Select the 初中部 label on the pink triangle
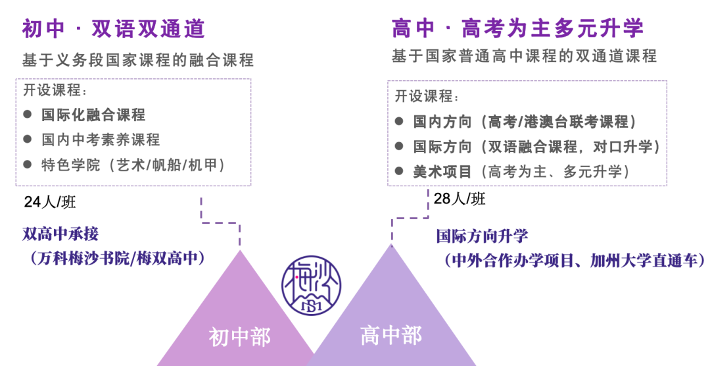click(x=240, y=337)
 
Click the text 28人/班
click(x=460, y=198)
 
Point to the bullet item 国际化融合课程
click(x=93, y=115)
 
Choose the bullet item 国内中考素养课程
click(x=101, y=140)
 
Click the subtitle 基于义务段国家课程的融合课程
click(x=138, y=60)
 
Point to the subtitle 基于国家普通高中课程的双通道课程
click(x=525, y=56)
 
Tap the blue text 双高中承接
click(x=60, y=234)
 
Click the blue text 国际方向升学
click(x=482, y=236)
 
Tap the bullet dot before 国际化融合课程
click(x=28, y=115)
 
